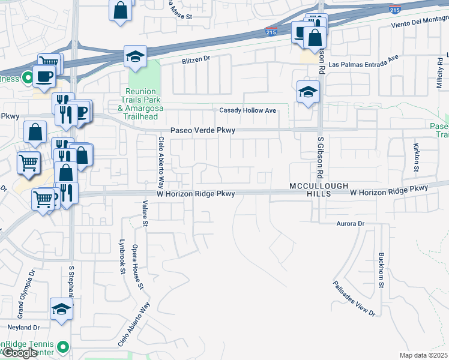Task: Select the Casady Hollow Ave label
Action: point(247,110)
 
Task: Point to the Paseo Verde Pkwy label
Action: point(202,130)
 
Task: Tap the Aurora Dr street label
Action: point(349,223)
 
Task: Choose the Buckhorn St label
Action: point(382,270)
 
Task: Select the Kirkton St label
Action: point(416,157)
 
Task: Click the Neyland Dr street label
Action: point(23,328)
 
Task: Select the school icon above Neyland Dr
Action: point(61,308)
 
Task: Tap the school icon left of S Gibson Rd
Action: point(308,91)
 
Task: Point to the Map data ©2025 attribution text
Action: point(424,355)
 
